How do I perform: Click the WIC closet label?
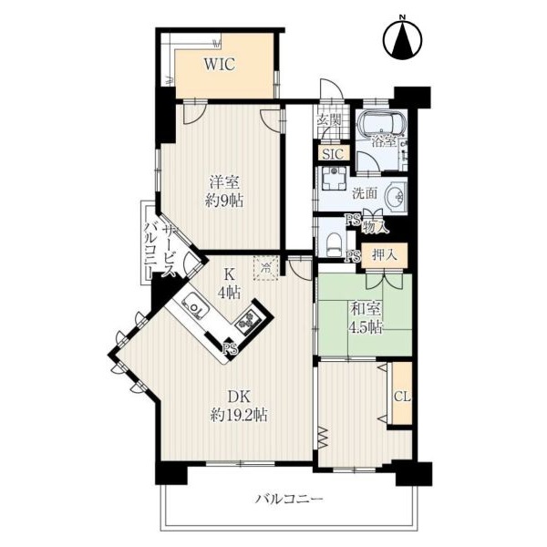[220, 64]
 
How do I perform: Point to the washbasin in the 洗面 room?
[397, 195]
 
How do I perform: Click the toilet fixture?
[334, 243]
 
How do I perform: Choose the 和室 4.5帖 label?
[366, 318]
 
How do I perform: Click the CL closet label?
[402, 397]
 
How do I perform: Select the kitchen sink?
[195, 306]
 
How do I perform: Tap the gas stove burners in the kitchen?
[249, 321]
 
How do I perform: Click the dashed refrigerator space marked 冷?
[266, 268]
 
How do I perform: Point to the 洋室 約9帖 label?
[224, 191]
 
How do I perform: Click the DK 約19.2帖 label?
[239, 406]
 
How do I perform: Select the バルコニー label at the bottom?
[289, 500]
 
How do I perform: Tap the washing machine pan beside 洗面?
[334, 178]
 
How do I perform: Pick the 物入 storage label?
[376, 228]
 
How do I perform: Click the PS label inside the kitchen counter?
[231, 348]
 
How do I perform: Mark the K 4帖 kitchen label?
[229, 283]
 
